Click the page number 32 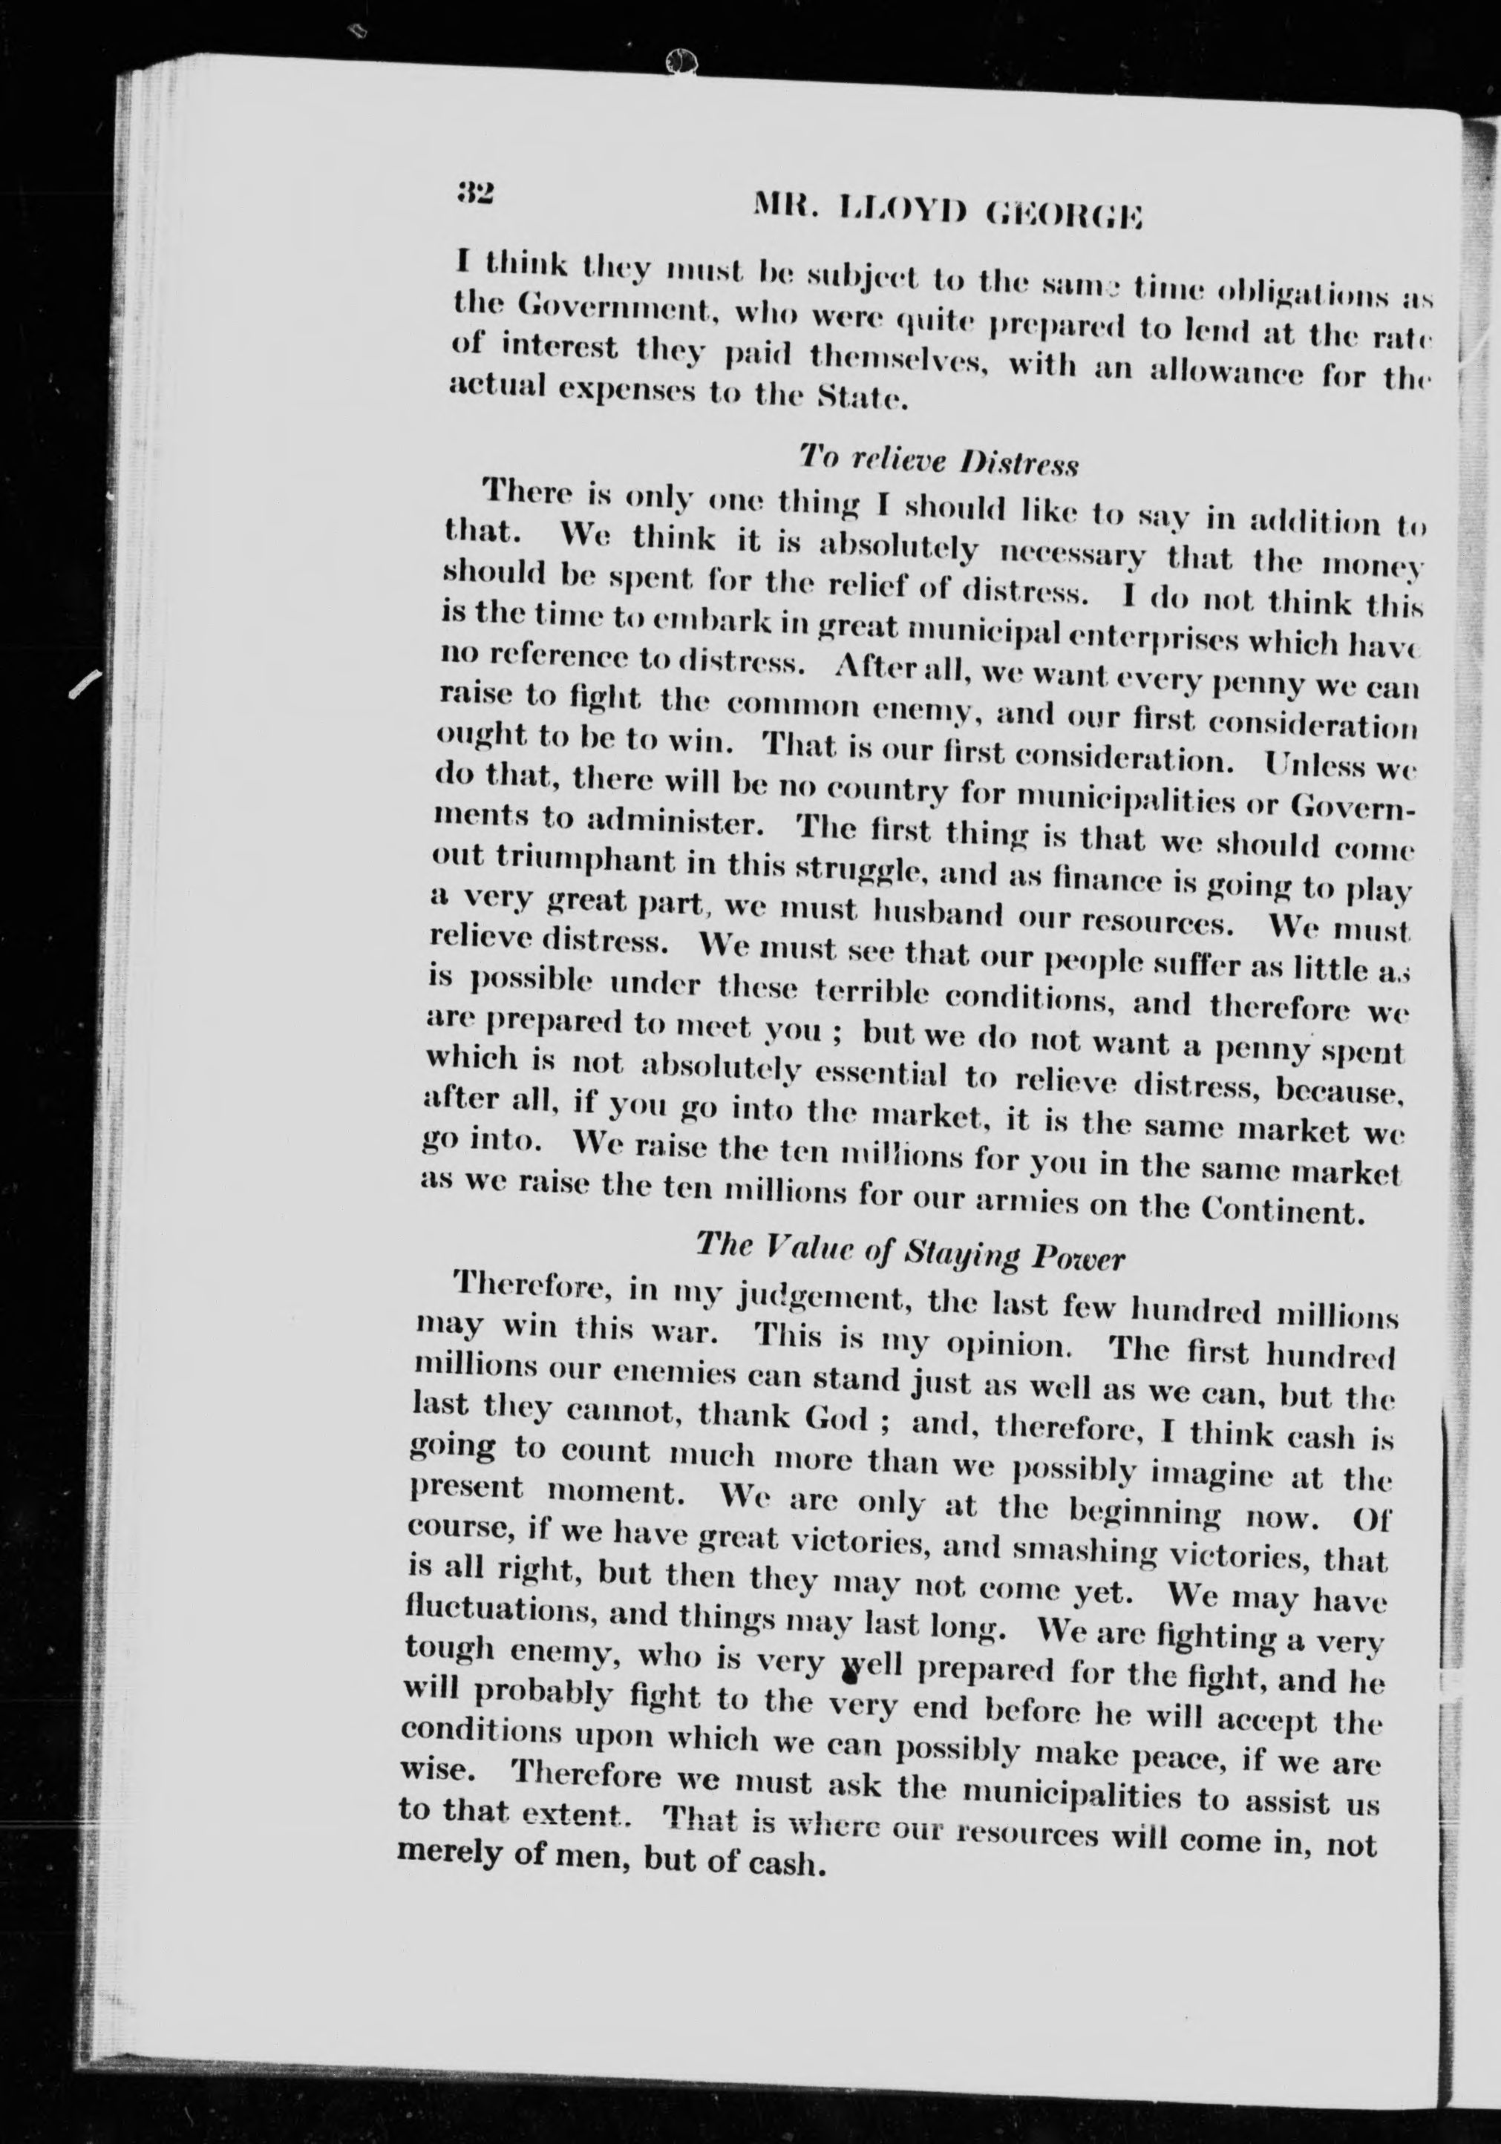tap(475, 194)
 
